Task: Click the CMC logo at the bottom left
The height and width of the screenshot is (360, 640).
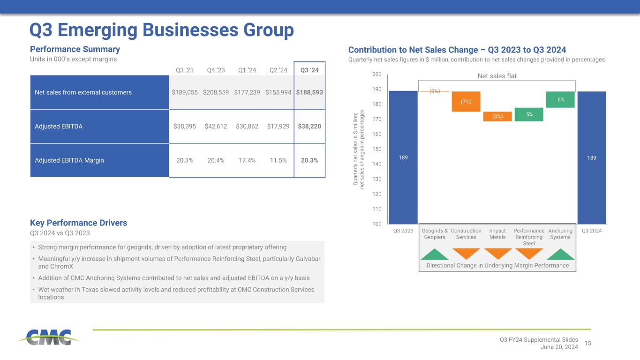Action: click(49, 337)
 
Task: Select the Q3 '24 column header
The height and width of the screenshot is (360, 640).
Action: click(309, 70)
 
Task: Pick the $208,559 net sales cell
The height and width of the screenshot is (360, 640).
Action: click(216, 92)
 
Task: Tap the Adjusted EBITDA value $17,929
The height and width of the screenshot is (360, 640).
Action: click(279, 127)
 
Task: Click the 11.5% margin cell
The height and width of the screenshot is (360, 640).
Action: click(279, 160)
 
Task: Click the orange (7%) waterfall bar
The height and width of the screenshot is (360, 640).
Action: click(466, 101)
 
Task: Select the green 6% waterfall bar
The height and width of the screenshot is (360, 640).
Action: click(560, 99)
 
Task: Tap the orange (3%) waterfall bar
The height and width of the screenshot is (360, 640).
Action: click(497, 117)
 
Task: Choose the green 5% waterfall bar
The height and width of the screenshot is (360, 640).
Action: click(529, 114)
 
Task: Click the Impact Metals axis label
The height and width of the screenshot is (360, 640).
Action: click(497, 234)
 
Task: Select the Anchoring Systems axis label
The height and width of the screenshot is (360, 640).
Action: click(560, 234)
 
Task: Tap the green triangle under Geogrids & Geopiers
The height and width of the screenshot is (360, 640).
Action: click(435, 254)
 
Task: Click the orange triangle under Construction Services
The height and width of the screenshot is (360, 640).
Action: click(466, 253)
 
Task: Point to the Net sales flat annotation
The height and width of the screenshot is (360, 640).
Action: click(497, 76)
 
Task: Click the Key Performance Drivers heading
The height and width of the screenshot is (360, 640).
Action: click(78, 223)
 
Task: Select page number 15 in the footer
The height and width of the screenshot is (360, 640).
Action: click(588, 344)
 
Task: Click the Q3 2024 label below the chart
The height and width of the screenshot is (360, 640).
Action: click(592, 231)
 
